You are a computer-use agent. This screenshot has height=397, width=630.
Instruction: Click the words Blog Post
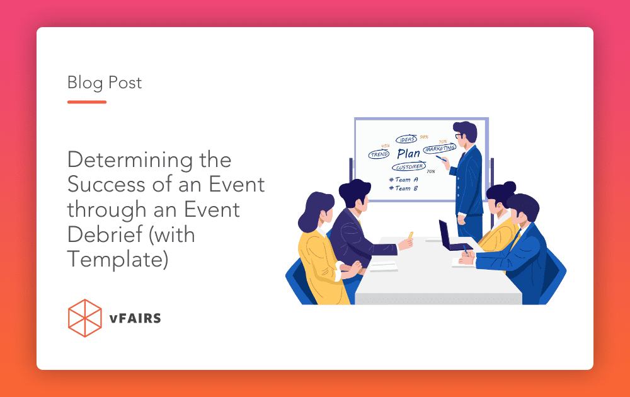tap(105, 83)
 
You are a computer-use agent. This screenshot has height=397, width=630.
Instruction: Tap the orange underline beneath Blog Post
tap(87, 101)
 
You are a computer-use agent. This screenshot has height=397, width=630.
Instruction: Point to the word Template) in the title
tap(118, 258)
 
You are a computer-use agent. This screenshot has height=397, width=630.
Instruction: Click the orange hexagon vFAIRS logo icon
tap(84, 318)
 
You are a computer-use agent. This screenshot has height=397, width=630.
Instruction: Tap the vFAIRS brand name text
tap(134, 318)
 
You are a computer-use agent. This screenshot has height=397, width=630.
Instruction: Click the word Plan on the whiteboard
tap(408, 153)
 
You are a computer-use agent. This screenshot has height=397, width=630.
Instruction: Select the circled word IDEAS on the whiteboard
tap(406, 139)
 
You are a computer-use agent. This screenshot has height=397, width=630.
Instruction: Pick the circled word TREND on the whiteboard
tap(379, 154)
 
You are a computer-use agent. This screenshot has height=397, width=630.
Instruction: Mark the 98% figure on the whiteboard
tap(424, 137)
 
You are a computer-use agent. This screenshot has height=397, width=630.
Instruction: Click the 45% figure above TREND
tap(385, 146)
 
